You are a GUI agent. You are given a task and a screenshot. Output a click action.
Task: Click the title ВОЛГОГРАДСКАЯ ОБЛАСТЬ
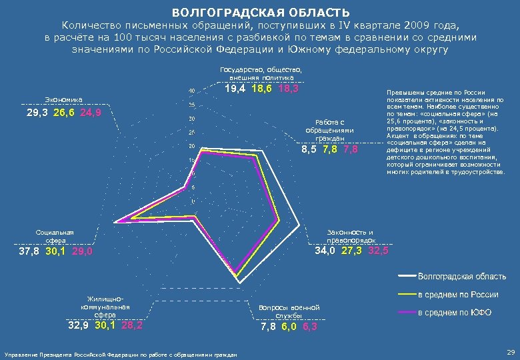tap(260, 13)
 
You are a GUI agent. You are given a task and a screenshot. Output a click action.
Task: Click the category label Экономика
tap(63, 100)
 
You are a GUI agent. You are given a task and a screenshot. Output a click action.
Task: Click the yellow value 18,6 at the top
tap(262, 89)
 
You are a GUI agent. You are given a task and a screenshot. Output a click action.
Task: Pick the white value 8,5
tap(309, 149)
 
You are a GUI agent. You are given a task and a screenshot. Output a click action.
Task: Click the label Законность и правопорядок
tap(351, 235)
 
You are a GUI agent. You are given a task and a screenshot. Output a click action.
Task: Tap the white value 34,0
tap(325, 251)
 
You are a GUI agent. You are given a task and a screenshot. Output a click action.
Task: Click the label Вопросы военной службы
tap(289, 311)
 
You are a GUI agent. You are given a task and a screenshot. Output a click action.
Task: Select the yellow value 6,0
tap(289, 327)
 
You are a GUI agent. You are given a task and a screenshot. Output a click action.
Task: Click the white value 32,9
tap(79, 326)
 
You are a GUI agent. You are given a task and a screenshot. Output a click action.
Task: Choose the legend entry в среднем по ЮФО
tap(454, 312)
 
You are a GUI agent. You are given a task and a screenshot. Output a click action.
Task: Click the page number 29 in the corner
tap(511, 351)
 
